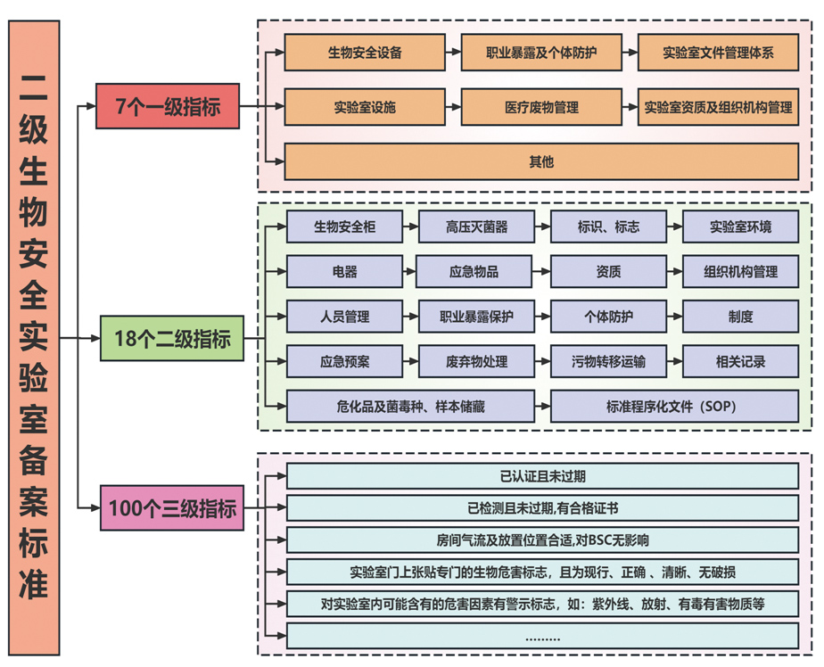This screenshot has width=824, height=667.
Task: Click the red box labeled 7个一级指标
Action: (169, 106)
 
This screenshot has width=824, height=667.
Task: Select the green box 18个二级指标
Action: (172, 339)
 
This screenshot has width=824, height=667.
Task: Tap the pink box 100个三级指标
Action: (172, 508)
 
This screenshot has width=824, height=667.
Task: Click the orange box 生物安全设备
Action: (365, 53)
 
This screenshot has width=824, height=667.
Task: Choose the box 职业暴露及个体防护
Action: (541, 53)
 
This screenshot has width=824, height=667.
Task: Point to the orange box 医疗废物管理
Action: (541, 107)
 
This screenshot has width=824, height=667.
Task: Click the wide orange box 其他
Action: (541, 161)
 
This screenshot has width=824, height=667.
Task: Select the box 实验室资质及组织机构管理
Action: (718, 107)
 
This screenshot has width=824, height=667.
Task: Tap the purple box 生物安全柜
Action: (344, 226)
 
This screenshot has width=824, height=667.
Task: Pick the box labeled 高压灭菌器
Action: (477, 226)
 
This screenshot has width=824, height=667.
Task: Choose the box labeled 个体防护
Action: (608, 316)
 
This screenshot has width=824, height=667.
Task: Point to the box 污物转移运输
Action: (608, 361)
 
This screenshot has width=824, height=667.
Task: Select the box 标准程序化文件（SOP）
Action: (674, 406)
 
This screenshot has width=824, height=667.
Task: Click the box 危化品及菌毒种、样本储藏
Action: (411, 406)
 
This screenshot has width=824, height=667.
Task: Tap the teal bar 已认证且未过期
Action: (542, 475)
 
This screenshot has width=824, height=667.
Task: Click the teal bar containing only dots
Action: (542, 637)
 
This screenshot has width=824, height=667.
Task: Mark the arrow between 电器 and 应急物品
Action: (409, 271)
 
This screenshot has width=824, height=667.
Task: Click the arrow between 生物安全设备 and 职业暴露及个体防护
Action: (453, 53)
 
